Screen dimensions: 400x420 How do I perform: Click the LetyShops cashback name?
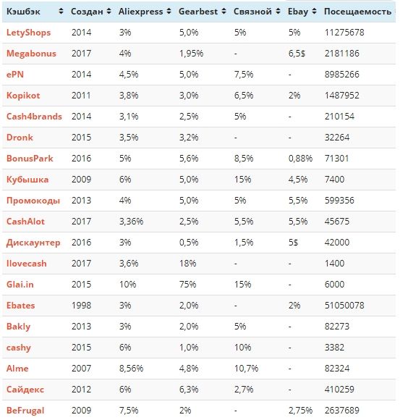point(28,33)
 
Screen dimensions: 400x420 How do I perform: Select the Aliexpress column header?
point(141,12)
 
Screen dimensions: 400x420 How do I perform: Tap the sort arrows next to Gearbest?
point(224,12)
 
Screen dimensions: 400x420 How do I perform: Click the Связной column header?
point(252,12)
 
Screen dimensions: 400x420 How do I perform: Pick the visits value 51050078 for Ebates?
point(344,306)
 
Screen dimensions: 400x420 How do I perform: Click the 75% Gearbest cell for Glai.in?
point(187,284)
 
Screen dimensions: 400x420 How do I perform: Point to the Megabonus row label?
point(31,54)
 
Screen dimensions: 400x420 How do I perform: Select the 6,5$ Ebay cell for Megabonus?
point(297,54)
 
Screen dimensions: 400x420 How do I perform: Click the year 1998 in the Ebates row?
point(81,306)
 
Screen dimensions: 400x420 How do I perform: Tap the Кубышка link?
point(27,179)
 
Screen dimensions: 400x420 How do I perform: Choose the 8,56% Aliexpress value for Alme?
point(131,369)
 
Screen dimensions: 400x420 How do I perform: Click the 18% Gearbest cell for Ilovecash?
point(187,264)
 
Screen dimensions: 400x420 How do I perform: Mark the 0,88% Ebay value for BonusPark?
point(300,159)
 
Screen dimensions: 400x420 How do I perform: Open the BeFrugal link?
point(25,411)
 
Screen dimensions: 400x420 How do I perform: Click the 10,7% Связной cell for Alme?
point(246,369)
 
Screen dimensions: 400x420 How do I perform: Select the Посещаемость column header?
point(358,12)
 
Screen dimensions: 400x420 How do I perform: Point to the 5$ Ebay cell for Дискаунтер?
point(293,243)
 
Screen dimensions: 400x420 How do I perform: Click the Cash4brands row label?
point(34,117)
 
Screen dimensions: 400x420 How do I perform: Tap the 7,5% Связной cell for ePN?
point(244,74)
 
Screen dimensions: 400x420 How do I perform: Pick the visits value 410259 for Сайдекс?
point(339,389)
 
